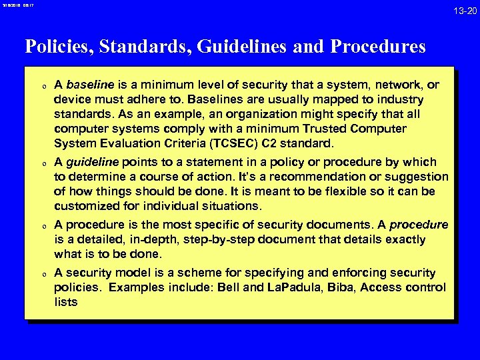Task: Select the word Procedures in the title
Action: pos(377,47)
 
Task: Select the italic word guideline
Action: pos(91,162)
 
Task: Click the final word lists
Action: pos(66,302)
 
